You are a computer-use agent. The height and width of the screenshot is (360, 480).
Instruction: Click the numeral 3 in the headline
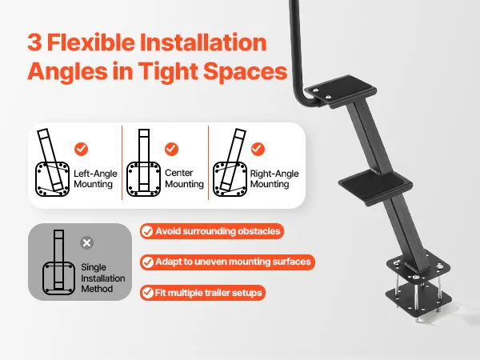point(34,42)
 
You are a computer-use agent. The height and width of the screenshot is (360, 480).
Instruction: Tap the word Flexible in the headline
point(91,42)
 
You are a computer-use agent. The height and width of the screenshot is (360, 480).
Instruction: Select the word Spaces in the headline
point(246,71)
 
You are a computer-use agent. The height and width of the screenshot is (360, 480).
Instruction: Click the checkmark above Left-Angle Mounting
point(81,149)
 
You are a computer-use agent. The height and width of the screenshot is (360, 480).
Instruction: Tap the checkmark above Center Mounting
point(171,149)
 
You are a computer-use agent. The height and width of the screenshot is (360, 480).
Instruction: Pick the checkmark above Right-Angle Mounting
point(258,149)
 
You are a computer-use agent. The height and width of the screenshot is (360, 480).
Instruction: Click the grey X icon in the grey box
point(87,242)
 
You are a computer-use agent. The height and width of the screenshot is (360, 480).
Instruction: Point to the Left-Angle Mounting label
point(95,178)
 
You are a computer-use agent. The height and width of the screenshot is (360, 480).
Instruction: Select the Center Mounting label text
point(184,178)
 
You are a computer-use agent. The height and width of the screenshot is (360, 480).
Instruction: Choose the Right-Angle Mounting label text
point(274,178)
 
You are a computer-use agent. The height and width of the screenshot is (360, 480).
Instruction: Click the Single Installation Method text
point(103,278)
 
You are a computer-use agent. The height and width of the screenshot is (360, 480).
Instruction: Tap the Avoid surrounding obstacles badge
point(212,231)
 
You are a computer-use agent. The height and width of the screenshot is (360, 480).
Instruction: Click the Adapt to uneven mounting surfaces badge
point(227,262)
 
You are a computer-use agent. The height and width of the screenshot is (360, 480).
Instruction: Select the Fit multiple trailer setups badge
point(202,293)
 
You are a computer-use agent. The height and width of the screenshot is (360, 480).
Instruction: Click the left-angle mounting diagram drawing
point(52,162)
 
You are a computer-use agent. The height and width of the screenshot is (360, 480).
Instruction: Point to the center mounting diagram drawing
point(143,162)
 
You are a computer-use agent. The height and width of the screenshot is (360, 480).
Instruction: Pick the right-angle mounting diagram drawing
point(230,162)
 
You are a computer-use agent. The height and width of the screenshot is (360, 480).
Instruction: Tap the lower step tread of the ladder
point(376,186)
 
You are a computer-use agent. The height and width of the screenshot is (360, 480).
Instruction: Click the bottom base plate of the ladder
point(418,298)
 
